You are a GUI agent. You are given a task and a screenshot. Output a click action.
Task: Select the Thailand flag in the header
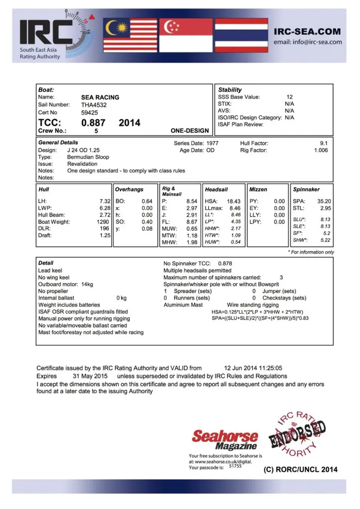241,35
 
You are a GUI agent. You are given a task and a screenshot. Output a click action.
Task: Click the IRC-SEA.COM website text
307,32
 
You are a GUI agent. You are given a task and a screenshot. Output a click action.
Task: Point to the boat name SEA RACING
100,97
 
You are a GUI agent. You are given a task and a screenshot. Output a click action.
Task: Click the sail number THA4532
94,105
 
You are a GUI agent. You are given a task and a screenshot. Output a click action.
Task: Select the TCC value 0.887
93,123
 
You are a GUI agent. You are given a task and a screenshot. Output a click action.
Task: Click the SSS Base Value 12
290,97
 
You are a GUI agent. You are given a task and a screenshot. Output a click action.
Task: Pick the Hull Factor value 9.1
324,143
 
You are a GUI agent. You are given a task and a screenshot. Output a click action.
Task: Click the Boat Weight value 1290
103,222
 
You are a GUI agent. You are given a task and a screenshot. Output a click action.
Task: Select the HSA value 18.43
233,201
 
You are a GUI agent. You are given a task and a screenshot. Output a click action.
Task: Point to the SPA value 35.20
324,201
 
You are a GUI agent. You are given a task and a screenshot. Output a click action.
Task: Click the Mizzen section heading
258,189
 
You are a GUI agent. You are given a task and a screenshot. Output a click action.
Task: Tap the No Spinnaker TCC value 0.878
225,263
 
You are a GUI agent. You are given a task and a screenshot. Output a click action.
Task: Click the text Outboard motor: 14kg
66,285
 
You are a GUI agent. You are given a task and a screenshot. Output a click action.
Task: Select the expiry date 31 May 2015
87,376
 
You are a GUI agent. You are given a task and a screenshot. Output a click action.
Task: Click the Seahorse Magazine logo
225,439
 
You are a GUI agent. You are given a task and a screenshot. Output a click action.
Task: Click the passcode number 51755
235,466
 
